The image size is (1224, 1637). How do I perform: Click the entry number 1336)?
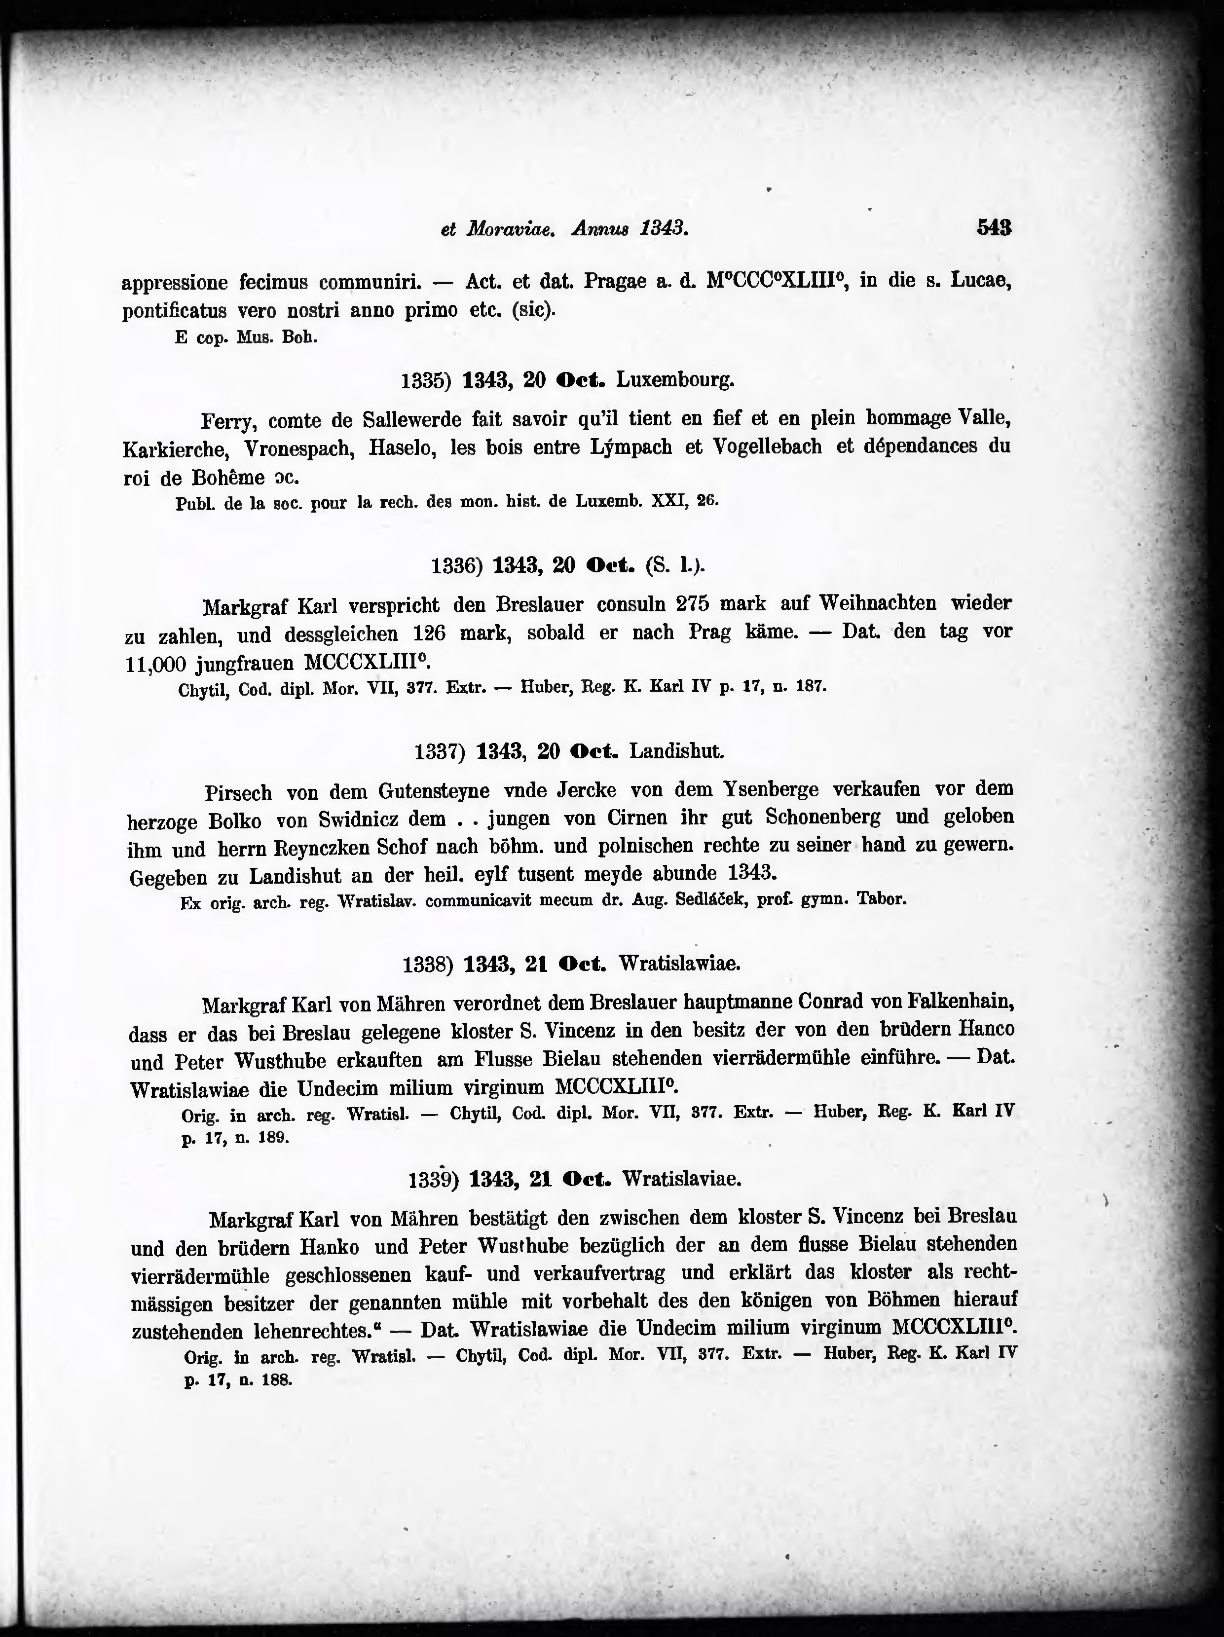point(457,566)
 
